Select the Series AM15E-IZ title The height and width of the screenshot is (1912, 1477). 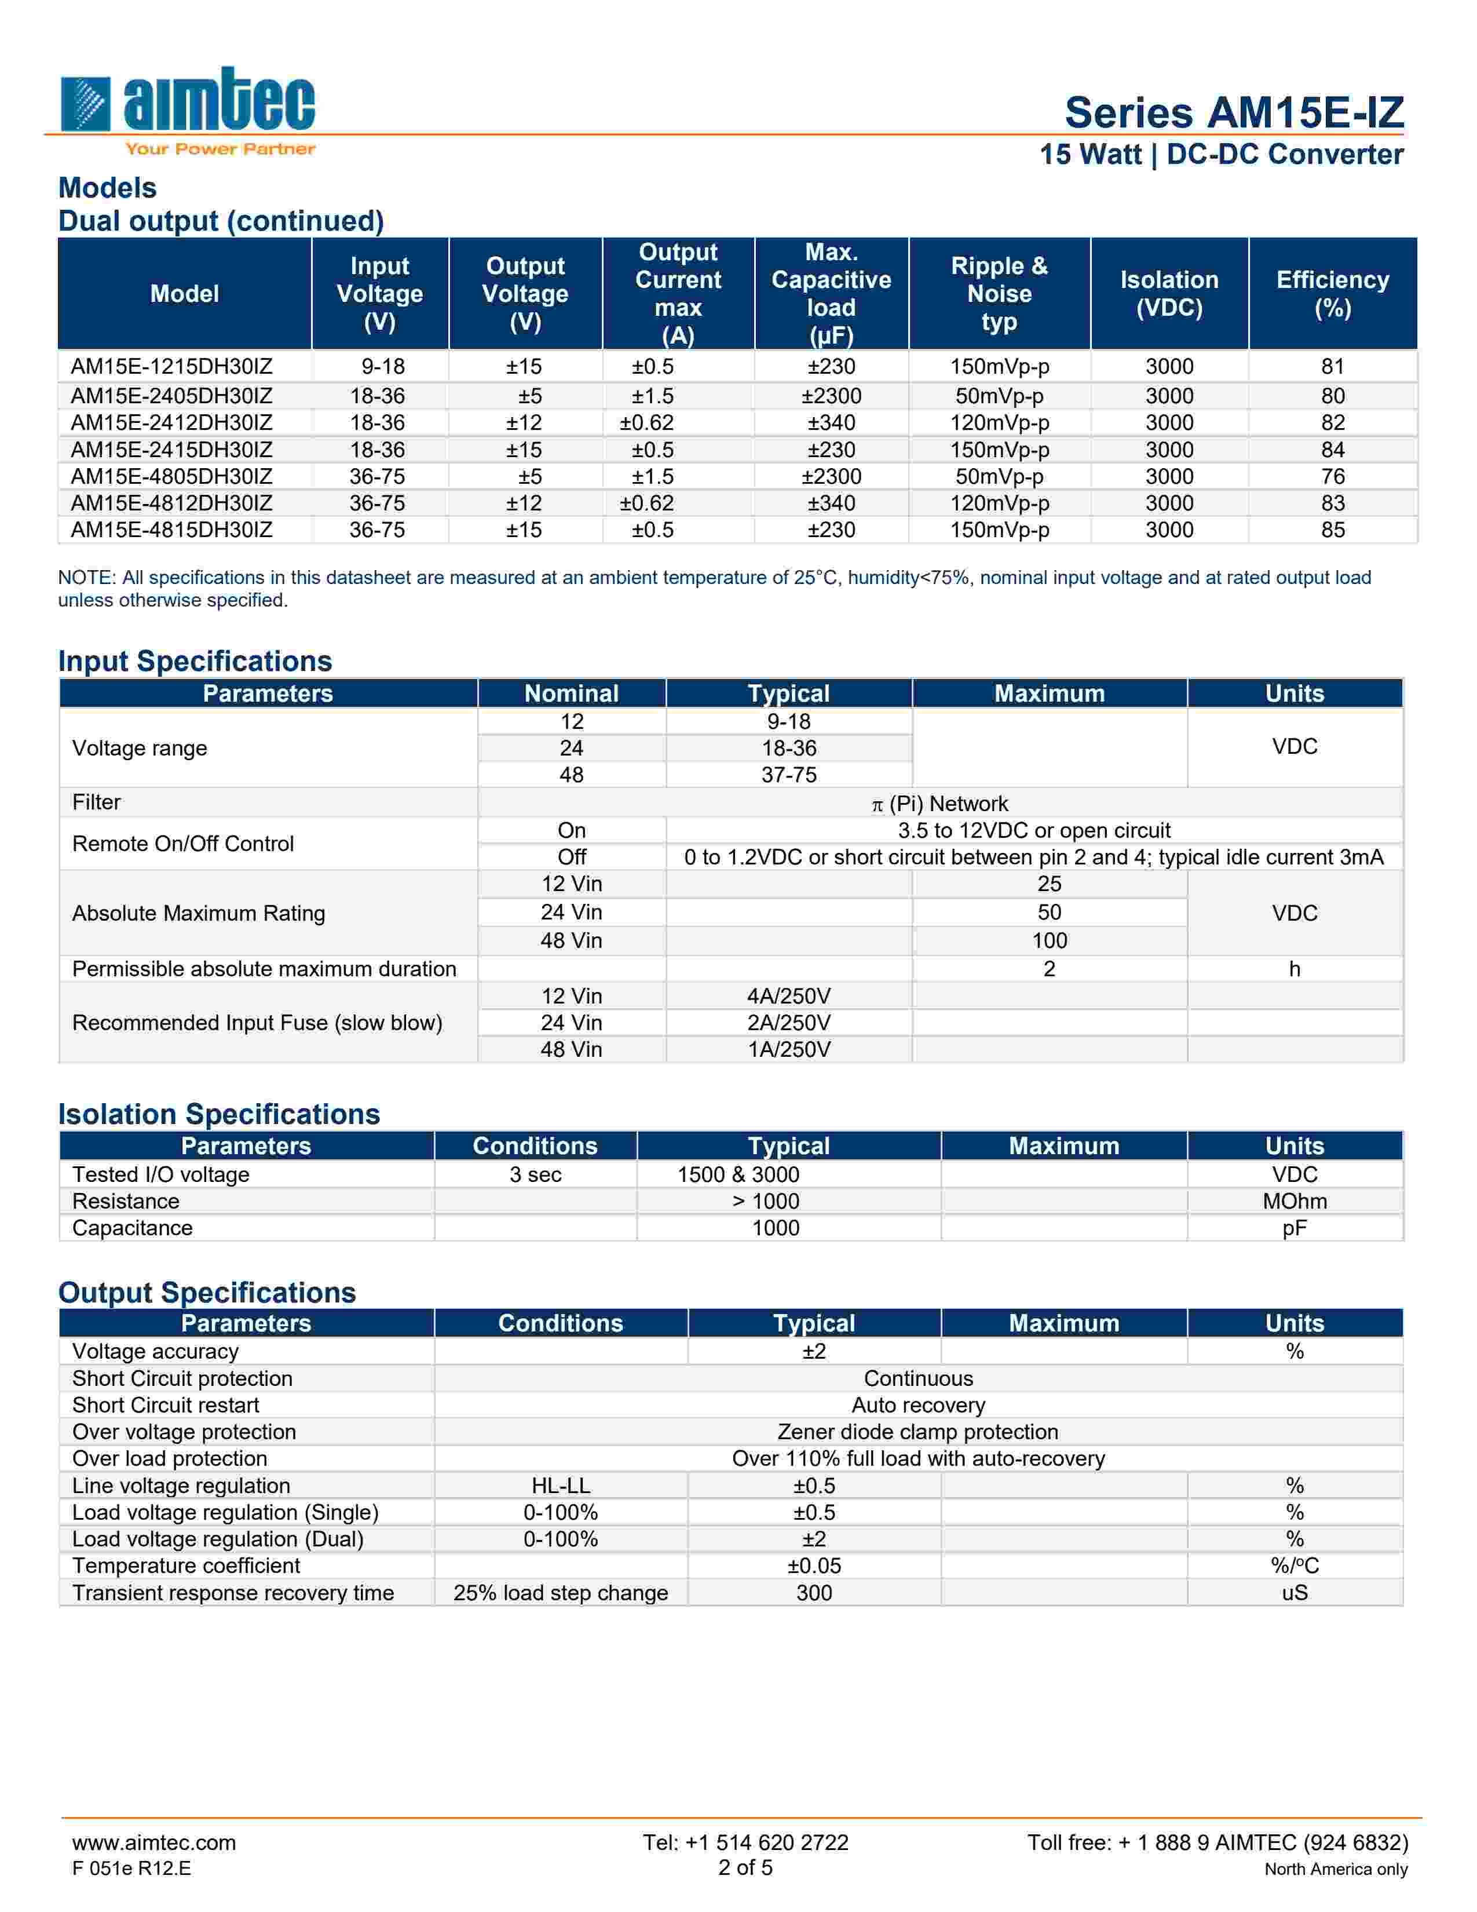(1234, 113)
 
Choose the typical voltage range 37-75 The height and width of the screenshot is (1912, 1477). (788, 775)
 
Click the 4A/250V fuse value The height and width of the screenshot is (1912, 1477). (788, 997)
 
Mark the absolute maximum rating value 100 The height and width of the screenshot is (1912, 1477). (1049, 940)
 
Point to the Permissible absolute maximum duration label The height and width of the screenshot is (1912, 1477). (264, 969)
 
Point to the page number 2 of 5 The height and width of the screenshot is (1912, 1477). (745, 1867)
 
